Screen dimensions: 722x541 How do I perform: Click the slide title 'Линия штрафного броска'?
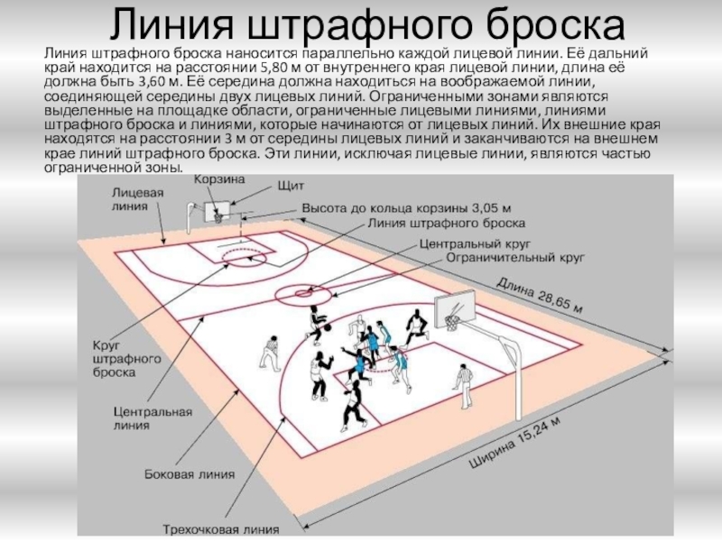[361, 24]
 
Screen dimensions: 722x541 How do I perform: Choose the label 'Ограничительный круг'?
[514, 258]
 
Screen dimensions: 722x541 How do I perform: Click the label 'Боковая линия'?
[190, 473]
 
